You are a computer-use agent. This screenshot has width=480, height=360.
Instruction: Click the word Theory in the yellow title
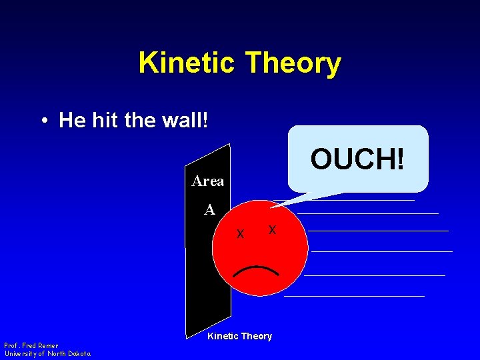293,63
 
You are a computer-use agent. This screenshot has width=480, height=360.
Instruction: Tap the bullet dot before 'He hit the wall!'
43,121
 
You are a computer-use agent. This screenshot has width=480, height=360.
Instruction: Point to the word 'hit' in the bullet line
105,121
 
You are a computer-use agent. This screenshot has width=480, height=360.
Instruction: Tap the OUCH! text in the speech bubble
357,159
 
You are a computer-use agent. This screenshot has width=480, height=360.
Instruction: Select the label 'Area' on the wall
208,181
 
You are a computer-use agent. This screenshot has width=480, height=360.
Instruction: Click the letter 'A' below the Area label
209,210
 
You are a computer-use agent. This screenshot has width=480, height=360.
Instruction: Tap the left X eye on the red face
241,234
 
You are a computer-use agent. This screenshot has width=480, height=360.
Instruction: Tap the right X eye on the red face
272,230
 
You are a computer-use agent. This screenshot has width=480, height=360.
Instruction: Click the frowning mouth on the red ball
256,271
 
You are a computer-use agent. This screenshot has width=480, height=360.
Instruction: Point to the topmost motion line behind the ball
360,200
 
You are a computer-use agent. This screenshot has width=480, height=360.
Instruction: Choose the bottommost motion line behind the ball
354,296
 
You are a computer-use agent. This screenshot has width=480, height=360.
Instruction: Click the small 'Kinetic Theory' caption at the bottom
239,336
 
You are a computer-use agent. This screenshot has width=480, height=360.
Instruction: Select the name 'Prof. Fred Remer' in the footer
31,345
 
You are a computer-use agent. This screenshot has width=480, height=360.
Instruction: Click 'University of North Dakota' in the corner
47,353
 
